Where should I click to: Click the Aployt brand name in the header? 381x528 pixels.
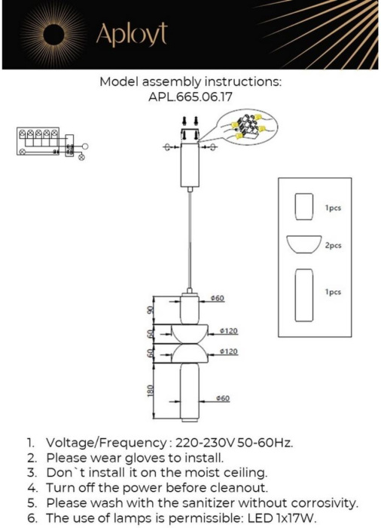pos(132,35)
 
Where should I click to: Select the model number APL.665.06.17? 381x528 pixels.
pos(190,97)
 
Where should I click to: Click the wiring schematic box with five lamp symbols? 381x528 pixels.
pos(38,142)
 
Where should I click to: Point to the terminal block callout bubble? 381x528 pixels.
pos(246,127)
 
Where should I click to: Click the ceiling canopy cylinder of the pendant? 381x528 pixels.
pos(190,164)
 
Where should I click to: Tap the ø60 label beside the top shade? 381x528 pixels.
pos(218,298)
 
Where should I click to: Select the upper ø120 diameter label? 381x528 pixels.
pos(229,331)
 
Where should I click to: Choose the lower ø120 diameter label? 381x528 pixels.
pos(229,351)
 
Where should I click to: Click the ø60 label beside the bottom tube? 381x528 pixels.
pos(223,398)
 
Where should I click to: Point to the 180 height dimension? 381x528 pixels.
pos(151,390)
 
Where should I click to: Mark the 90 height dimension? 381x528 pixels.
pos(151,310)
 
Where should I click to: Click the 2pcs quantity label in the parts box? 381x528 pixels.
pos(333,245)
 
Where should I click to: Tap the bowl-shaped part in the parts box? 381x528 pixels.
pos(304,244)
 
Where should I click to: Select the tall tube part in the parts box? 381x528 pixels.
pos(304,295)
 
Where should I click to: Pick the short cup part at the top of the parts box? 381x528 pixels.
pos(304,207)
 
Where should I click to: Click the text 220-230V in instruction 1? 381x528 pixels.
pos(205,443)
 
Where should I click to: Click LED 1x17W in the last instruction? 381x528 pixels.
pos(282,517)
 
